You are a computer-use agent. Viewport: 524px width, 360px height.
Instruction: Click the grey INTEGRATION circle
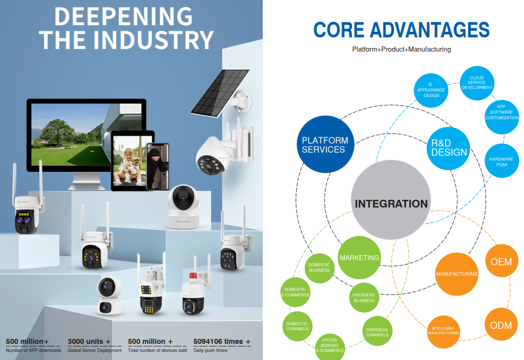(391, 200)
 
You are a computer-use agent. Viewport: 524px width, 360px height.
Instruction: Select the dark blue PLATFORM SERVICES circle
(325, 144)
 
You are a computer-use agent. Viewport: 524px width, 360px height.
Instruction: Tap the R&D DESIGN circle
(449, 148)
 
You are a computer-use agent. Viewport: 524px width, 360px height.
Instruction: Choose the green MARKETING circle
(359, 258)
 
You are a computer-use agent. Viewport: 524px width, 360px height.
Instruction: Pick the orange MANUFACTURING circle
(457, 274)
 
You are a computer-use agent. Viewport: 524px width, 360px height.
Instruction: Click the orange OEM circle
(502, 261)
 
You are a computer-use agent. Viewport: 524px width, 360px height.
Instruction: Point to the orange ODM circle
(501, 324)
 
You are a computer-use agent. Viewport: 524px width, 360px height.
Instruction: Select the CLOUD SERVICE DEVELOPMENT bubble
(477, 83)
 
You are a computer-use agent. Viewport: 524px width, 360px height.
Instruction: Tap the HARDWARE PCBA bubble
(502, 161)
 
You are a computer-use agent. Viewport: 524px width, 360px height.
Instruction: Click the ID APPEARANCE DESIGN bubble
(431, 90)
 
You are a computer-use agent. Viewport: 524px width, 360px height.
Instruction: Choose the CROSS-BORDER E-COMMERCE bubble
(330, 346)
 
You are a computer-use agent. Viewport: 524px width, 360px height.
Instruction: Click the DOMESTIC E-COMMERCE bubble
(296, 292)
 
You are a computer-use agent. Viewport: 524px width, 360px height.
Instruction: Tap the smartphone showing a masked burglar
(158, 166)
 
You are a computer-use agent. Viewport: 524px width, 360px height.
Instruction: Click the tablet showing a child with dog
(133, 160)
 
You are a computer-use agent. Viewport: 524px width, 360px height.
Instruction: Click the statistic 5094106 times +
(222, 341)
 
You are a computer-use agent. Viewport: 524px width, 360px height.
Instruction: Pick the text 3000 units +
(89, 341)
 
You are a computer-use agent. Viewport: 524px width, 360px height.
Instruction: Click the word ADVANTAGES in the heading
(430, 30)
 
